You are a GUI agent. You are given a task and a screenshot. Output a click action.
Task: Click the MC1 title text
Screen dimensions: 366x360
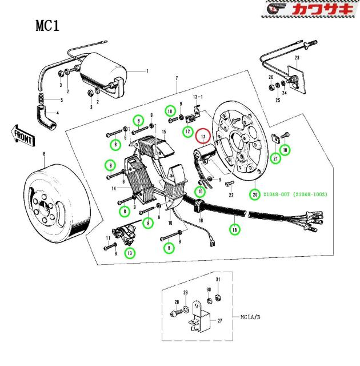47,26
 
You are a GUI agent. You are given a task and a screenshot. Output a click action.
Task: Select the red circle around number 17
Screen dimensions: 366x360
203,137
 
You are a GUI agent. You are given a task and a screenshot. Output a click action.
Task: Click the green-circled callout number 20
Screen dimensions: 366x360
254,194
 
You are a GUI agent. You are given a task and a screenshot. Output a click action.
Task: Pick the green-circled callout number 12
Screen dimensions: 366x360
187,132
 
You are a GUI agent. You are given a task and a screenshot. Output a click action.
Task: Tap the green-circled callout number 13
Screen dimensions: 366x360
130,252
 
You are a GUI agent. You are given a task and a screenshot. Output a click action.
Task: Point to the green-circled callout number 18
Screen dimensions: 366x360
233,229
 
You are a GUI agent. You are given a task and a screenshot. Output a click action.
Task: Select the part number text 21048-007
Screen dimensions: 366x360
275,194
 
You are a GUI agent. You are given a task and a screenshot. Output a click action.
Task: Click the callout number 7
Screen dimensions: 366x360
177,78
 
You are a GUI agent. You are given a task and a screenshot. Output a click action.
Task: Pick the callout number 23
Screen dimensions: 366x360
297,58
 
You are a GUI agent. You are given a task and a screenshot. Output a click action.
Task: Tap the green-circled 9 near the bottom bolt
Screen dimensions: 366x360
169,248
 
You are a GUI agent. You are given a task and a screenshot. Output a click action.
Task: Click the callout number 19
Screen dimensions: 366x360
201,221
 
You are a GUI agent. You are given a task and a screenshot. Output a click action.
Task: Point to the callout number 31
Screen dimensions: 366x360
218,280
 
